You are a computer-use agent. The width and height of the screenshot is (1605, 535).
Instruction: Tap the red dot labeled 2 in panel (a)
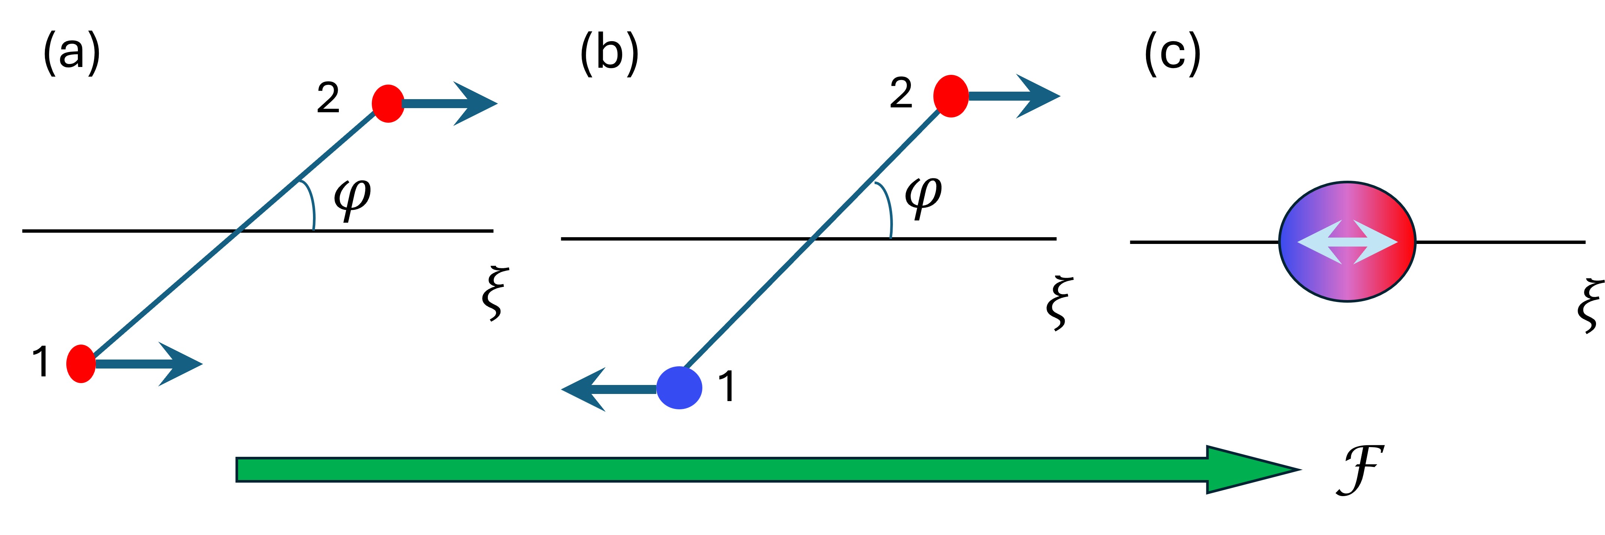(x=388, y=103)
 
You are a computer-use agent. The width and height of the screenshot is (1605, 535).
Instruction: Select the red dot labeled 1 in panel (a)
(x=81, y=364)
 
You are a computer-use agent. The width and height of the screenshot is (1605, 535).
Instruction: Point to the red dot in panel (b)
(x=951, y=96)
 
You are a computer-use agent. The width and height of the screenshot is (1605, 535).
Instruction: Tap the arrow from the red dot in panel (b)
(x=1016, y=96)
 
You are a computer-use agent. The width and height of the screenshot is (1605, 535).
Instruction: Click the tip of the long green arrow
(x=1296, y=470)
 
